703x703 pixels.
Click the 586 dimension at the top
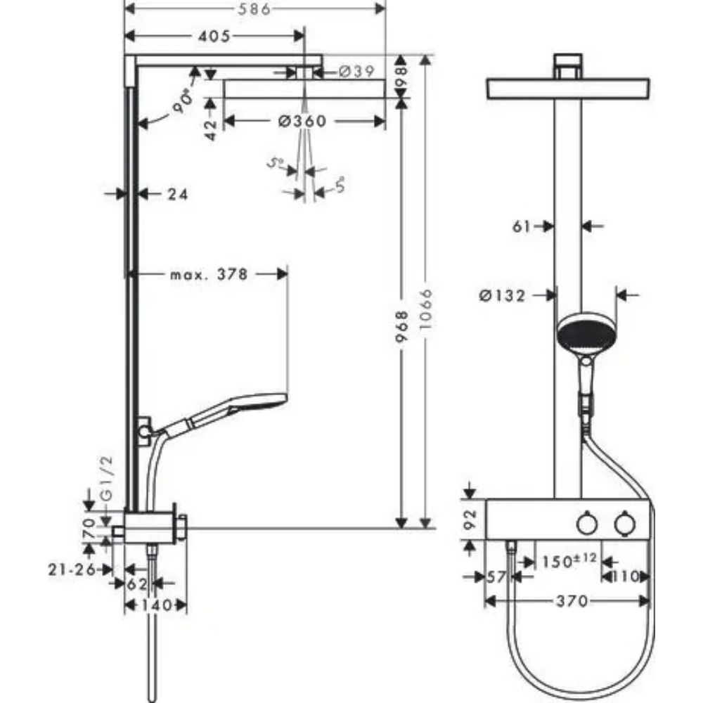(x=254, y=8)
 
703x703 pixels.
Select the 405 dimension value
(x=214, y=36)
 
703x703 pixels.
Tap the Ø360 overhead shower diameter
(x=302, y=121)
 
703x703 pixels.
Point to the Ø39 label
(x=356, y=71)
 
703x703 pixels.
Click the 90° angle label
(x=183, y=103)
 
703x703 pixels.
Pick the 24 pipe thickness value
(x=178, y=194)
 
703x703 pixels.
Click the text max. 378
(x=209, y=274)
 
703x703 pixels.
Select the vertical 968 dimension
(x=401, y=326)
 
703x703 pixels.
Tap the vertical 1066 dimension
(x=426, y=310)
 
